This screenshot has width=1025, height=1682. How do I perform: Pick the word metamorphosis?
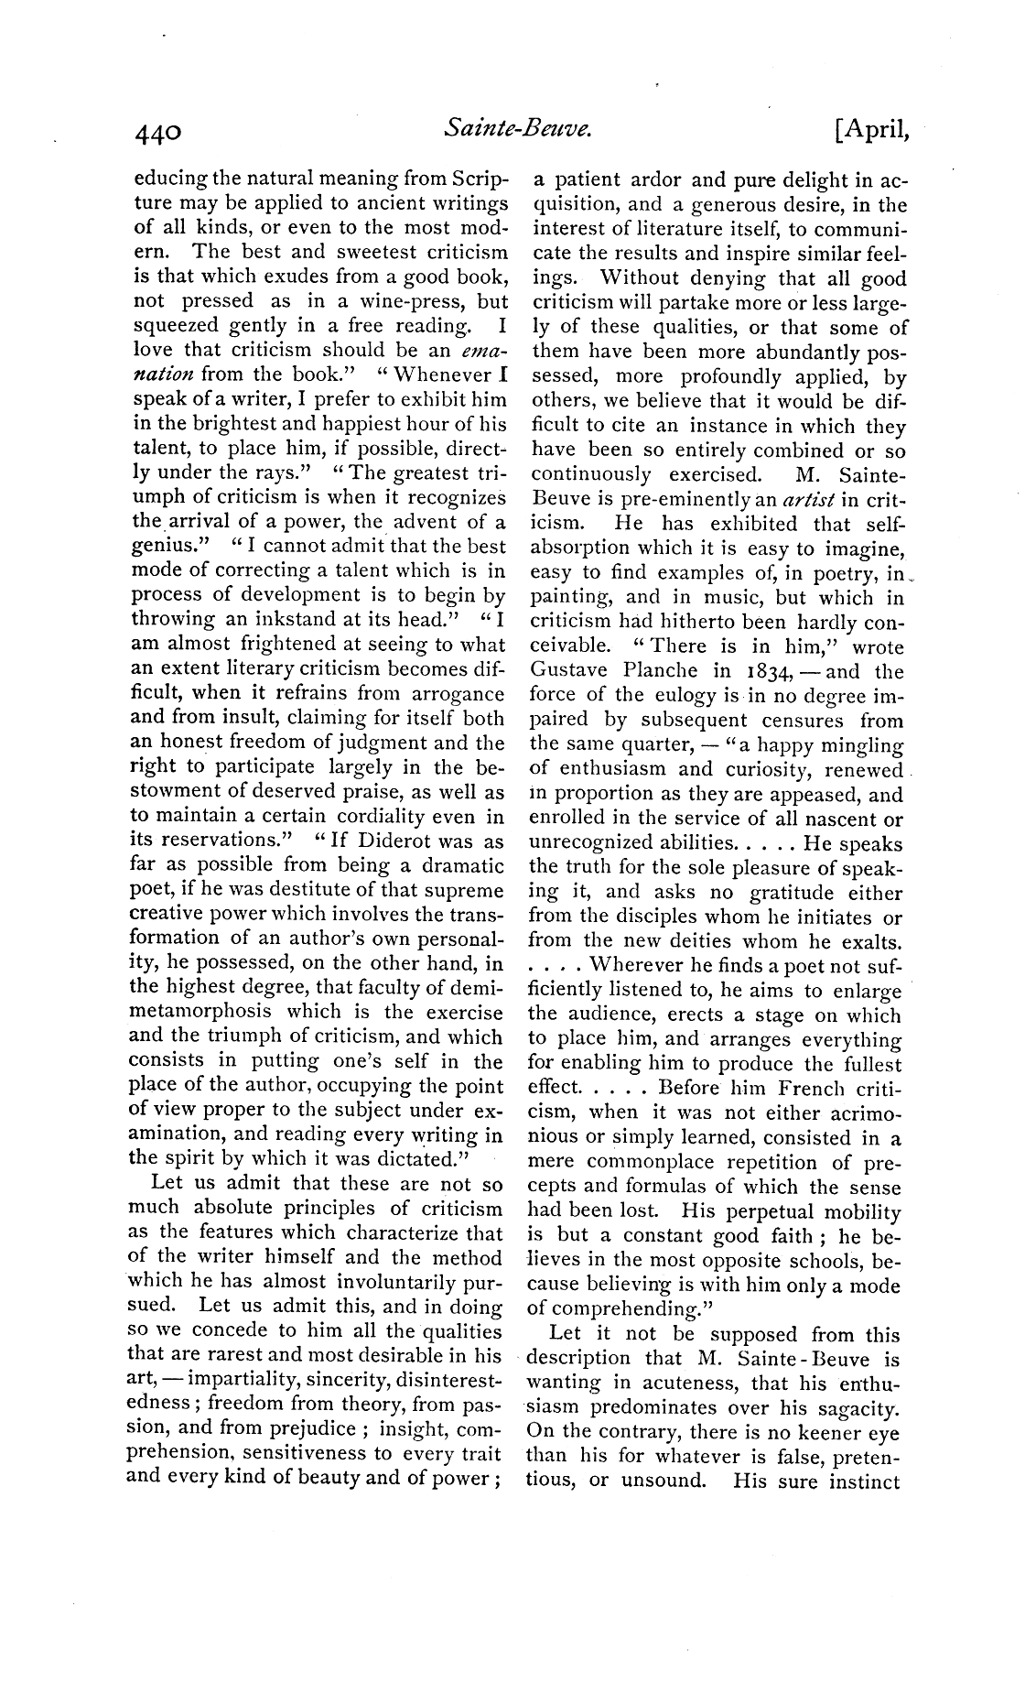201,1013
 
